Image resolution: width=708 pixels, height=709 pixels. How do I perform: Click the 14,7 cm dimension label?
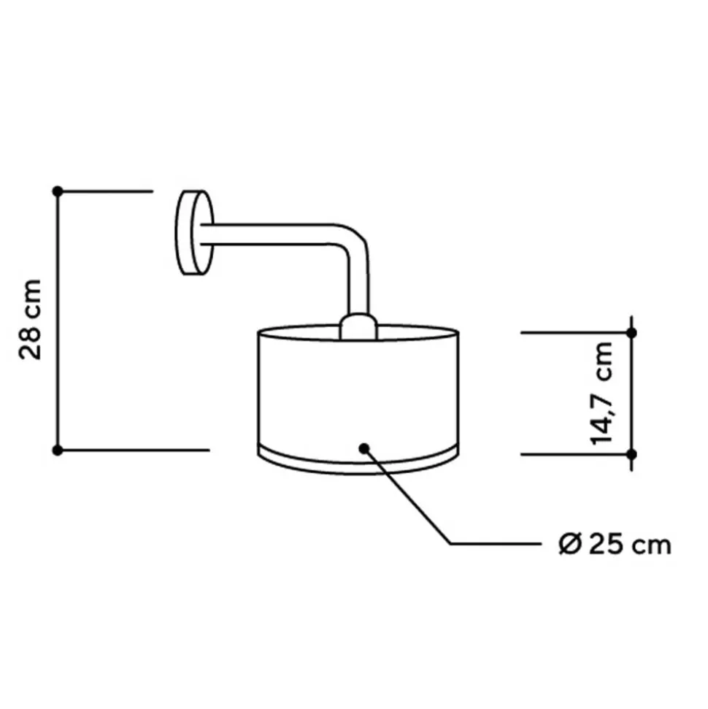pos(604,392)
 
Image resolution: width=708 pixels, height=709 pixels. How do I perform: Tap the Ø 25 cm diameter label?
pos(612,544)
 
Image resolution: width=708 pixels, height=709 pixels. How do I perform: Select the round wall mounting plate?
pos(193,233)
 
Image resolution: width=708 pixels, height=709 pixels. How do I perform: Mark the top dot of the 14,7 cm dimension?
pos(631,333)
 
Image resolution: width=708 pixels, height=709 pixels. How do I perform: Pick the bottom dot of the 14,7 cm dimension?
pos(631,454)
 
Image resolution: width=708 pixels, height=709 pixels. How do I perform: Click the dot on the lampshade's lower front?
pos(363,447)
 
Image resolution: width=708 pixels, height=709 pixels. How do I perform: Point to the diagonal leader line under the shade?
pos(409,497)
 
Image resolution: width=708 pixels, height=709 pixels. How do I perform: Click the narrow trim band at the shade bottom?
pos(358,460)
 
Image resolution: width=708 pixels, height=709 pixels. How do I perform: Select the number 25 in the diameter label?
pos(601,544)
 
